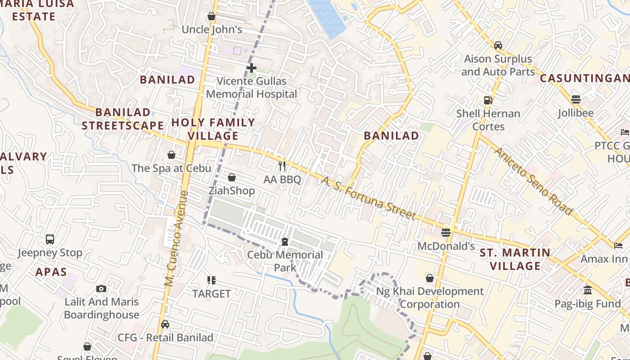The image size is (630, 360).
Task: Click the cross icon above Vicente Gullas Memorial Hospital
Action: tap(252, 68)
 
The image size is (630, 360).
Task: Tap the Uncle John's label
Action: tap(212, 30)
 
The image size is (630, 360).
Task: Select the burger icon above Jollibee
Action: tap(576, 99)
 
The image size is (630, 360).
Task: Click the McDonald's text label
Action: tap(446, 246)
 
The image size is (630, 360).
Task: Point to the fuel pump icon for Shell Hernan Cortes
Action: tap(488, 100)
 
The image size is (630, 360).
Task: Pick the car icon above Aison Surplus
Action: tap(498, 45)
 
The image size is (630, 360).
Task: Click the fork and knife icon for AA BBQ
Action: tap(282, 166)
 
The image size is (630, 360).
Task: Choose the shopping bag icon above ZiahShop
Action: tap(232, 177)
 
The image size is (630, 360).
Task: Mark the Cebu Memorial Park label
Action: tap(285, 261)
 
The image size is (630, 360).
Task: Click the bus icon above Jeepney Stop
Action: tap(50, 239)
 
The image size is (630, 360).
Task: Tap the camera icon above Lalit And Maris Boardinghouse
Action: tap(101, 288)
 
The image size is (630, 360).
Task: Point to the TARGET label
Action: tap(211, 294)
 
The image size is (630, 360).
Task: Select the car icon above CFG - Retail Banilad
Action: tap(165, 324)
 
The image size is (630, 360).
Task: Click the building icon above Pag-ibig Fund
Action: tap(587, 290)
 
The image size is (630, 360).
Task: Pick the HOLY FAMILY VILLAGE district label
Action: tap(213, 129)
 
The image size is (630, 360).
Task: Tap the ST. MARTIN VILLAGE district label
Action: tap(515, 259)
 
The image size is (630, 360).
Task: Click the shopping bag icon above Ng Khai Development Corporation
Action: tap(430, 278)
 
